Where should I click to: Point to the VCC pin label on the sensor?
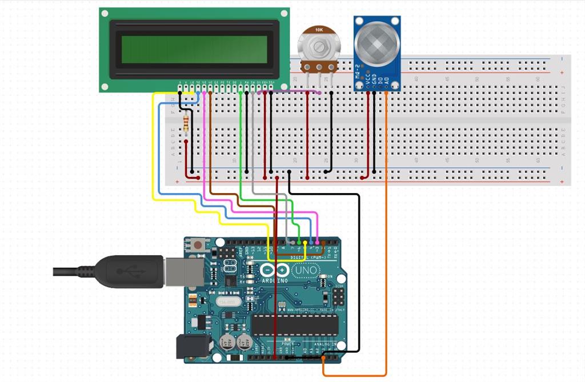[367, 83]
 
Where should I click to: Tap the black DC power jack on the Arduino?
[187, 346]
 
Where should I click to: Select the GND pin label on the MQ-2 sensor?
[374, 83]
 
